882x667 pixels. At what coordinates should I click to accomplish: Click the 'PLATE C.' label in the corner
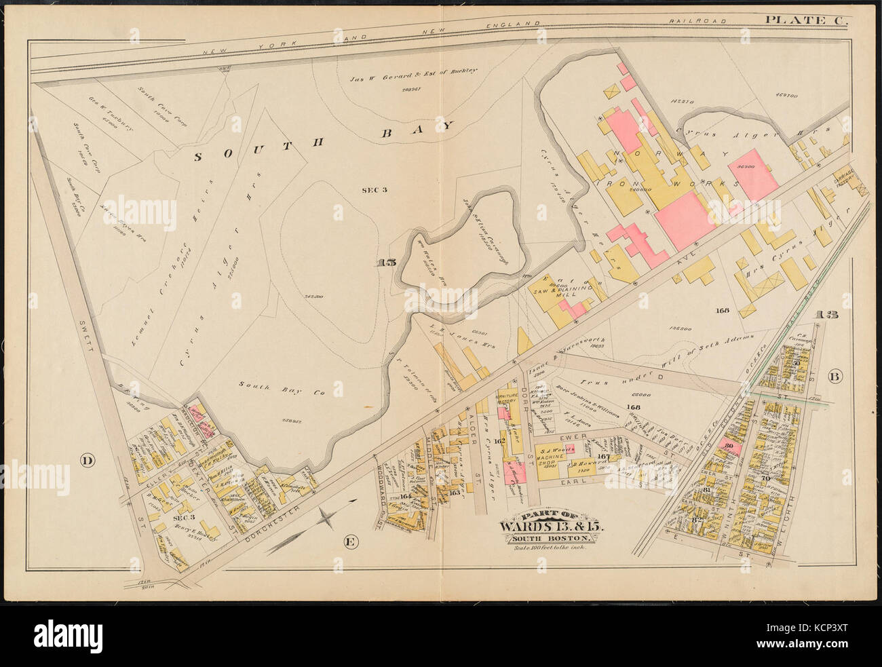click(x=807, y=20)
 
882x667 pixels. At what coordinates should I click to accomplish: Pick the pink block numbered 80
click(x=731, y=447)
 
